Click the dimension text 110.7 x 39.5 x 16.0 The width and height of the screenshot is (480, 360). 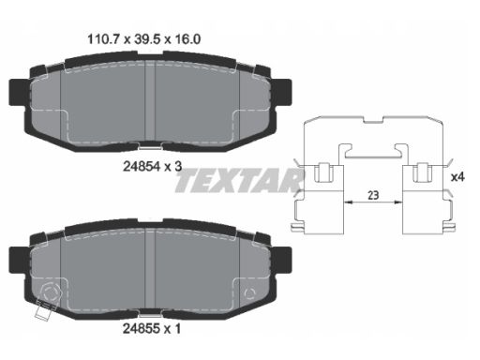click(144, 39)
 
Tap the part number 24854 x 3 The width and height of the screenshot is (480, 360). click(152, 167)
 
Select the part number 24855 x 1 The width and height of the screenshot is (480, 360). click(152, 328)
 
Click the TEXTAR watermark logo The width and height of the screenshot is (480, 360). click(238, 180)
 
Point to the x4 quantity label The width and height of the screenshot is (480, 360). click(457, 177)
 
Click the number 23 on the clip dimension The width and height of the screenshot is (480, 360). click(373, 195)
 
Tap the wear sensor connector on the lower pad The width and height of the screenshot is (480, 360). click(43, 310)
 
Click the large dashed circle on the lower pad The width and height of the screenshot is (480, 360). click(50, 292)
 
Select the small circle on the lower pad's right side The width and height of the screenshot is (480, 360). click(249, 293)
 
